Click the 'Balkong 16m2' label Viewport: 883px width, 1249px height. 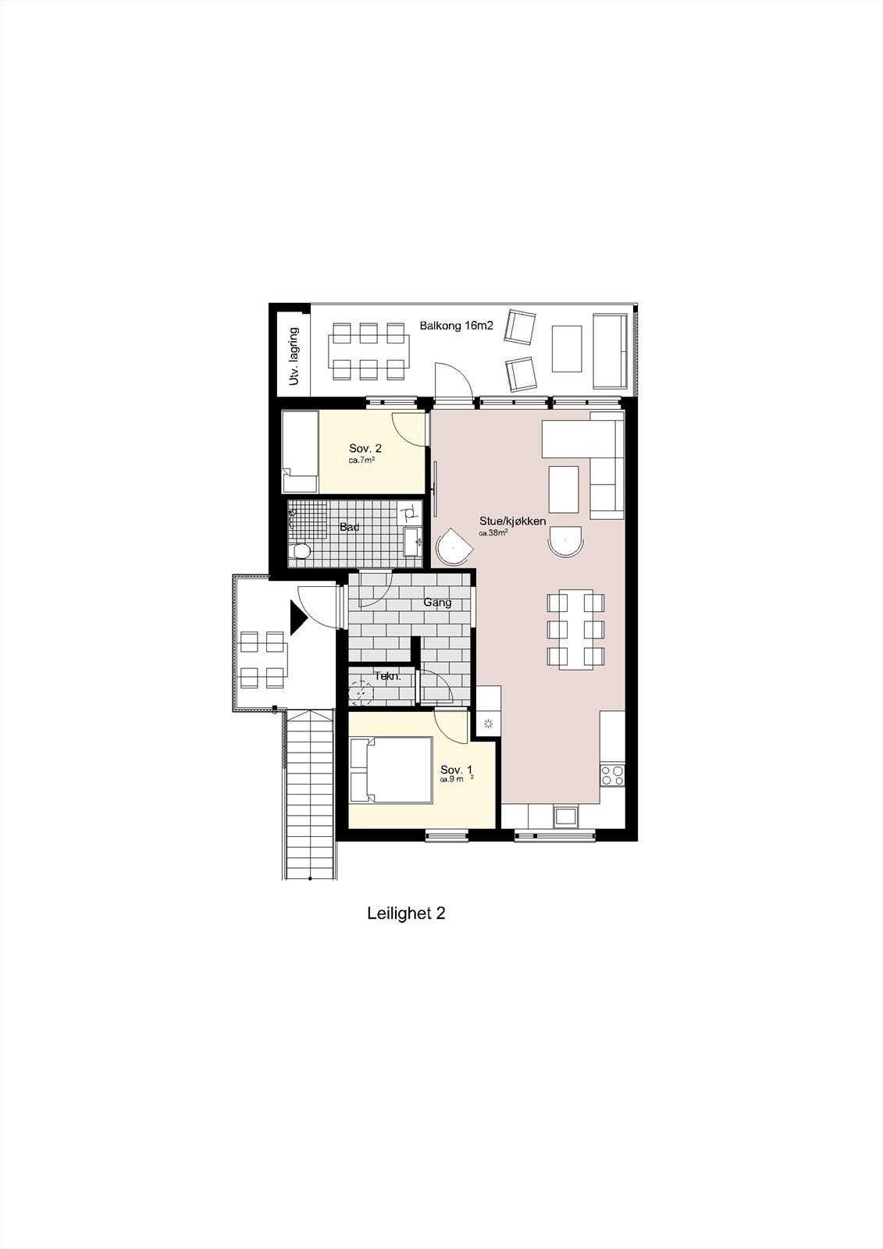(x=457, y=326)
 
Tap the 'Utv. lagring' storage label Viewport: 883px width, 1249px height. (x=294, y=356)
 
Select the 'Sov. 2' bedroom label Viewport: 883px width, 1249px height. (x=365, y=448)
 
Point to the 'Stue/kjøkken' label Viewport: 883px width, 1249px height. (x=512, y=521)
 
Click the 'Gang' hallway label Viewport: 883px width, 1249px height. (x=437, y=603)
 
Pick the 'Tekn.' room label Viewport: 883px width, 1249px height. (x=388, y=676)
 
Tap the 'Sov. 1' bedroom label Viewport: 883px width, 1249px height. (x=456, y=769)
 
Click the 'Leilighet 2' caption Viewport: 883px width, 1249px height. (x=406, y=913)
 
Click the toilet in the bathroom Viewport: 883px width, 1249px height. (x=299, y=553)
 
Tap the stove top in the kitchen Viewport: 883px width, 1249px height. (x=611, y=775)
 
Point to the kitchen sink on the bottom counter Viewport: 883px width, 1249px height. (x=564, y=817)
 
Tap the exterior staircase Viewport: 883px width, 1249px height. (x=310, y=792)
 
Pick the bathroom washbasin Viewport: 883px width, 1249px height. (x=413, y=540)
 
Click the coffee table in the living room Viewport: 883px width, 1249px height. (x=564, y=489)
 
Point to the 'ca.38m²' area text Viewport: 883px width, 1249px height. (x=494, y=533)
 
